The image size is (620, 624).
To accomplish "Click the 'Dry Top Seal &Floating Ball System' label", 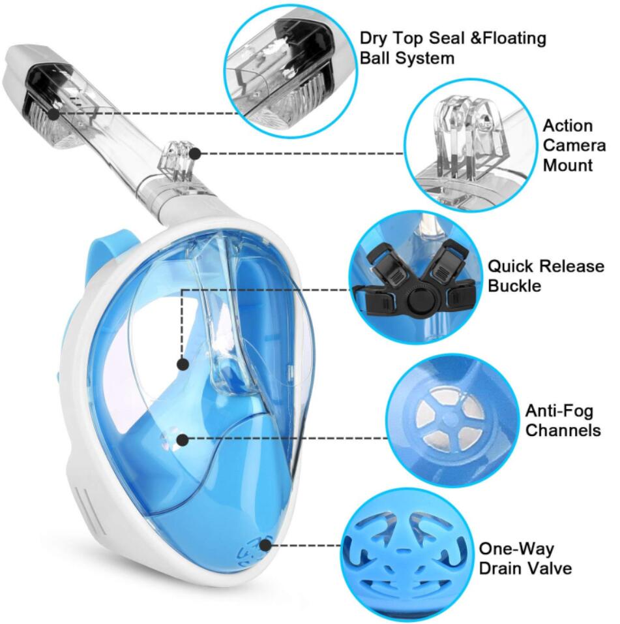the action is click(x=452, y=48).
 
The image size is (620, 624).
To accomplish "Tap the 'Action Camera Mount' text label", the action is click(x=574, y=146).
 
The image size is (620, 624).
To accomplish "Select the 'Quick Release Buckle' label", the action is click(x=546, y=276).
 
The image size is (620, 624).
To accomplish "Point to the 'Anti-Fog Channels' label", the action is click(x=563, y=420).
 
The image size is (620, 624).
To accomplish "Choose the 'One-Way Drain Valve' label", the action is click(x=525, y=558).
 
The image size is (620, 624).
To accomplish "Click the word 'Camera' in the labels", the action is click(x=574, y=146).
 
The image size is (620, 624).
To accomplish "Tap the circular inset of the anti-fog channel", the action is click(x=452, y=421).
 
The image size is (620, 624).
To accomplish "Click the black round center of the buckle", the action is click(x=417, y=298).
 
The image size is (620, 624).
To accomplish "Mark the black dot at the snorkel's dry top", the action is click(x=53, y=114).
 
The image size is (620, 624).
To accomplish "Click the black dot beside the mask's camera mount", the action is click(x=196, y=153).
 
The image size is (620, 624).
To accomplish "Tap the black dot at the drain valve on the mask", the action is click(x=265, y=545).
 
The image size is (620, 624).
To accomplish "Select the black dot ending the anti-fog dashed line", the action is click(x=183, y=439).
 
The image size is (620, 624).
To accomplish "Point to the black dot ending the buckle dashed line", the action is click(x=183, y=364).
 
